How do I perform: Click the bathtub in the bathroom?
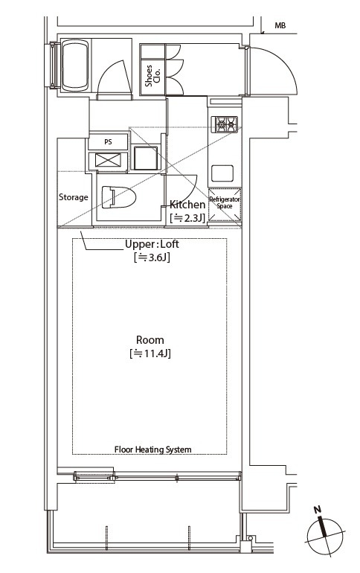pos(75,65)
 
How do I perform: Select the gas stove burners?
pos(226,124)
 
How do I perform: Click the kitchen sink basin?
pos(222,173)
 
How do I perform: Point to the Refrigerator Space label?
pos(225,202)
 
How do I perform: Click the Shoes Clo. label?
pos(152,76)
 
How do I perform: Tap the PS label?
pos(108,142)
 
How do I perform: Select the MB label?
pos(280,25)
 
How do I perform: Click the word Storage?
pos(74,197)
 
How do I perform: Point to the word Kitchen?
pos(187,205)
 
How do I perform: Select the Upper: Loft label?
pos(152,244)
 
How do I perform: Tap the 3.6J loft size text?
pos(152,257)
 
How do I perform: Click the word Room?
pos(150,340)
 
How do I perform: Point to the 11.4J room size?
pos(150,353)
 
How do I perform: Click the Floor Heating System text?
pos(153,449)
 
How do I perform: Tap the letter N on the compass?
pos(318,509)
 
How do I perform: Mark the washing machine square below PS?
pos(146,158)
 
